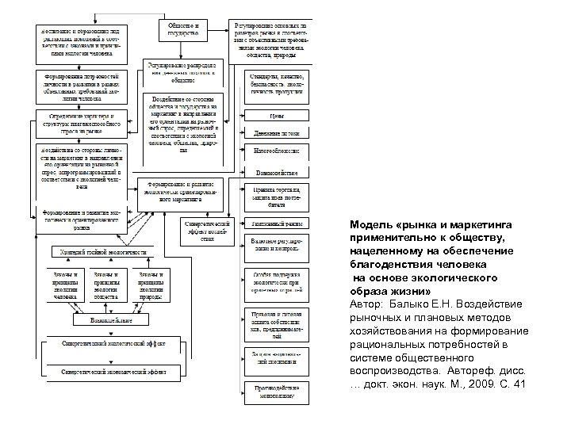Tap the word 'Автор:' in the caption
(x=367, y=304)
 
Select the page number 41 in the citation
(x=519, y=384)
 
